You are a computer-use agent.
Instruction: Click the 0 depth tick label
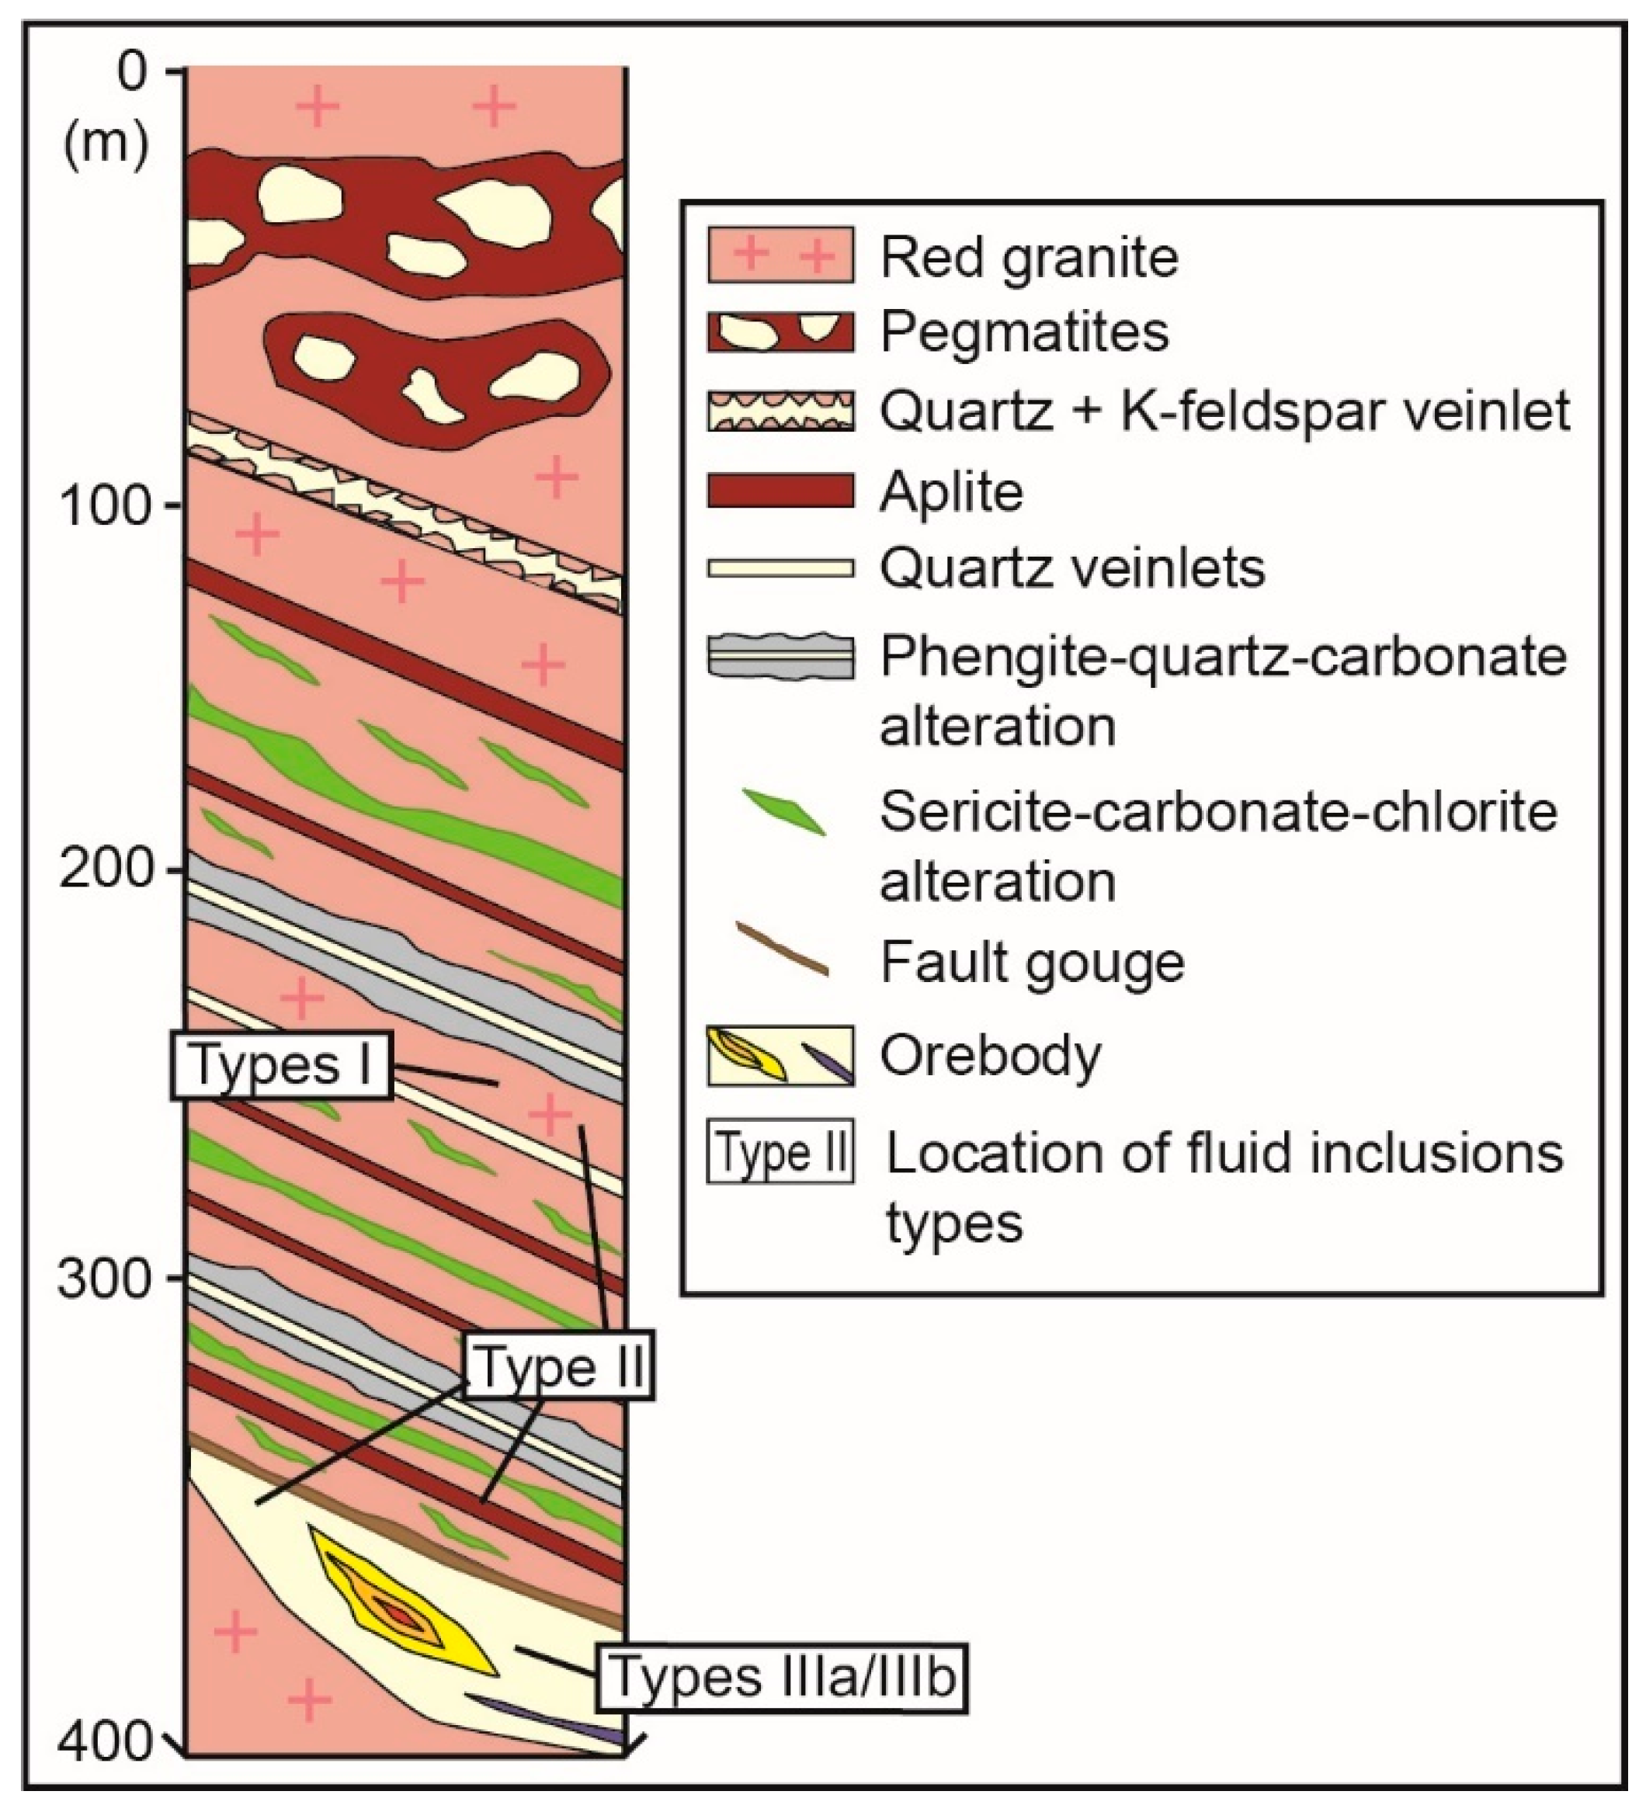point(131,72)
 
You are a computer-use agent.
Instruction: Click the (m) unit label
point(106,144)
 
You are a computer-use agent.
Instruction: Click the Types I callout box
point(281,1065)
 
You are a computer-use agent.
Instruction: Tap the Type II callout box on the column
point(558,1367)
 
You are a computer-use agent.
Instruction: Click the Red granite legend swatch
point(780,255)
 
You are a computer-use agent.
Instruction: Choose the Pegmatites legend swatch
point(780,332)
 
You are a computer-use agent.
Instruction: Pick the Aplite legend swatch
point(780,491)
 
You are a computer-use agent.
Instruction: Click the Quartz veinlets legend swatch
point(780,568)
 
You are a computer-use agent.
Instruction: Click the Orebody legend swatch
point(780,1055)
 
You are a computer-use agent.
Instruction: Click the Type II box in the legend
point(780,1152)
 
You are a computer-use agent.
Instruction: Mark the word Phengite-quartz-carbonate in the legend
point(1223,658)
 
